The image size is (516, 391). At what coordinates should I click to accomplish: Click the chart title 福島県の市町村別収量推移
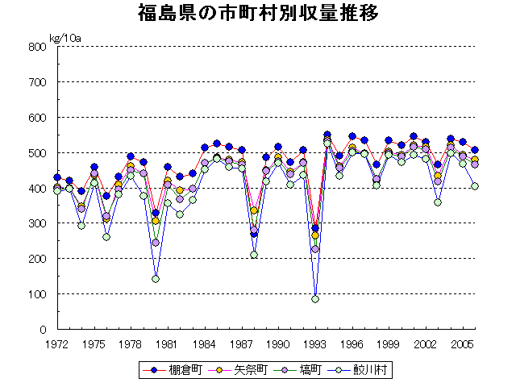point(257,14)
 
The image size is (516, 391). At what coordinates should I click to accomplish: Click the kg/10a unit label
point(65,38)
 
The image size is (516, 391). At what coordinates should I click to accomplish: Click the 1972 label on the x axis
point(57,343)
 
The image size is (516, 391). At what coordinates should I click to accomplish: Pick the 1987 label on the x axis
point(242,343)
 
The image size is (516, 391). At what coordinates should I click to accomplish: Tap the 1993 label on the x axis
point(315,343)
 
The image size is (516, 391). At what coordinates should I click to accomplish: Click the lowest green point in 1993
point(315,299)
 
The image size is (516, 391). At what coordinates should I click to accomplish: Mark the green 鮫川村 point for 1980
point(156,279)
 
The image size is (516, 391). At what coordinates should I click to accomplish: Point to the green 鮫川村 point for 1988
point(254,255)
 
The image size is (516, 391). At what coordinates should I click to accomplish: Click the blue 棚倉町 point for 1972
point(57,177)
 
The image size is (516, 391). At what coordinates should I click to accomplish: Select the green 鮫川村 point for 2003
point(438,202)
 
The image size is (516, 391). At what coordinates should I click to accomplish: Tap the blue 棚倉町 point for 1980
point(156,213)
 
